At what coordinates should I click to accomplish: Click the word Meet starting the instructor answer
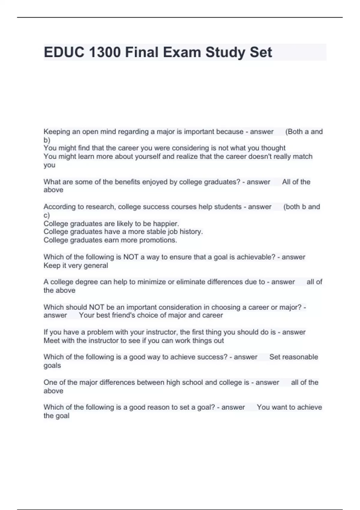pyautogui.click(x=51, y=340)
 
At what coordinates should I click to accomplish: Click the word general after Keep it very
pyautogui.click(x=96, y=265)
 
